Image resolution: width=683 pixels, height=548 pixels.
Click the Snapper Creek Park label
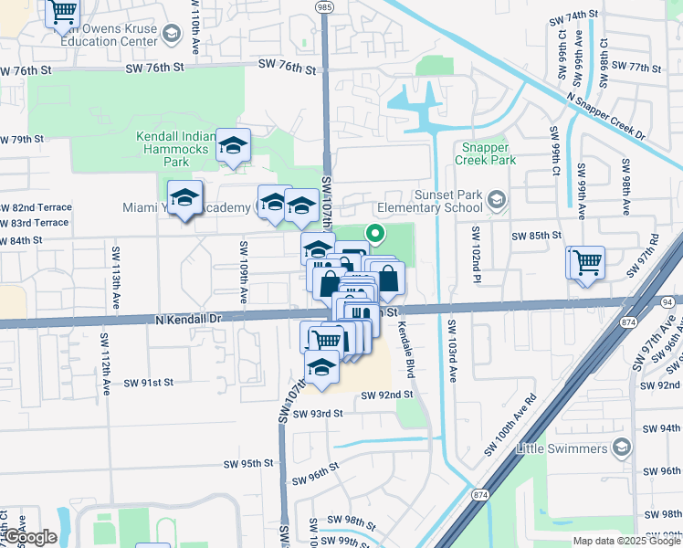coord(489,153)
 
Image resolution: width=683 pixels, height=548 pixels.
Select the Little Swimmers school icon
coord(622,448)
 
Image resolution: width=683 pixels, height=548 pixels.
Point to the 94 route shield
coord(667,300)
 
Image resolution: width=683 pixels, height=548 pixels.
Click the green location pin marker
coord(374,234)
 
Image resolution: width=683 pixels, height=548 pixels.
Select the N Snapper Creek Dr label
coord(605,115)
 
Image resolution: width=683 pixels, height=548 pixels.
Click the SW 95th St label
coord(248,464)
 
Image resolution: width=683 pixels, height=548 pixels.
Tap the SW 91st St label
coord(148,383)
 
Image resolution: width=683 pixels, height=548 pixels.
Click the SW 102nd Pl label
coord(476,257)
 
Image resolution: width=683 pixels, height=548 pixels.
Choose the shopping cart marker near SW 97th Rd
coord(587,263)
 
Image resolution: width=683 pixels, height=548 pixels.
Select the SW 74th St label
coord(573,17)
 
